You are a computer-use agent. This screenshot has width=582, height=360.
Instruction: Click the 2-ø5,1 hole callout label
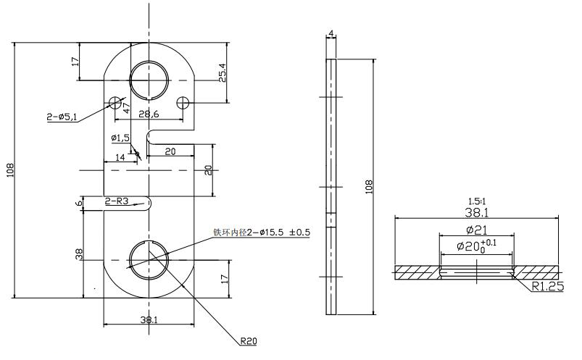(x=62, y=117)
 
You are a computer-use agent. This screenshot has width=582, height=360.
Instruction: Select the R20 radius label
(x=249, y=340)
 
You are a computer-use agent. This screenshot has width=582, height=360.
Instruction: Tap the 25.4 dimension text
(x=223, y=72)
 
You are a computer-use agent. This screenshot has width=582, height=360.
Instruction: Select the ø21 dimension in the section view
(x=476, y=230)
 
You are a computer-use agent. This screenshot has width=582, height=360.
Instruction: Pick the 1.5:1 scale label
(x=476, y=200)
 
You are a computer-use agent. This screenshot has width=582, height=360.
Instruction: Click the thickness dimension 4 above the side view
(x=331, y=34)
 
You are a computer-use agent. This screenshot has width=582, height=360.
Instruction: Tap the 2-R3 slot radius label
(x=117, y=201)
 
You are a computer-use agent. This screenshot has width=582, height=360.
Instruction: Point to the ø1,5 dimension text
(x=120, y=138)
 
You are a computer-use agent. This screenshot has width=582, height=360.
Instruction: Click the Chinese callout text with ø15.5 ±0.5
(x=261, y=233)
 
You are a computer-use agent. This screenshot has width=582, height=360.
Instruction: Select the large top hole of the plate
(x=149, y=78)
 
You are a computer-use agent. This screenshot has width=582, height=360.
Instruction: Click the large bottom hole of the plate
(x=149, y=259)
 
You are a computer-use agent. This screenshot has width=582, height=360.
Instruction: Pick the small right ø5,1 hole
(x=183, y=102)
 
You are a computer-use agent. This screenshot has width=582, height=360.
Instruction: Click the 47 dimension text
(x=126, y=108)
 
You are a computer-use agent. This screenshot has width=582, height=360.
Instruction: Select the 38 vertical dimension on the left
(x=79, y=254)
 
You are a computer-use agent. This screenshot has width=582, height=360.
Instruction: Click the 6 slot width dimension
(x=79, y=204)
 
